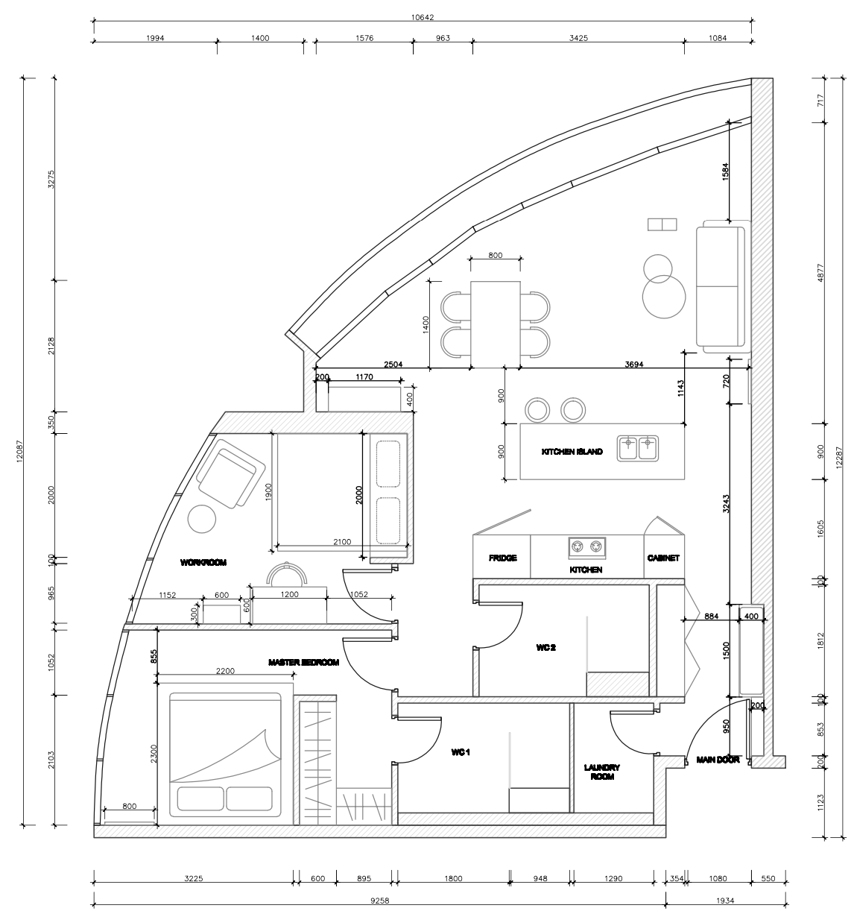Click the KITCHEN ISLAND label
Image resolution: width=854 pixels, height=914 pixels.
572,453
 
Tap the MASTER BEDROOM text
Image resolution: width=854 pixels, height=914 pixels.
304,662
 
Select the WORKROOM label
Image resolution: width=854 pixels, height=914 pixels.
203,563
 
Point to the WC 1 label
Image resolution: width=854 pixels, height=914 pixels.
461,753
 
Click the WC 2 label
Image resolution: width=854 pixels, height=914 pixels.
545,648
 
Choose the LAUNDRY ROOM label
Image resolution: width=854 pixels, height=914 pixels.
602,772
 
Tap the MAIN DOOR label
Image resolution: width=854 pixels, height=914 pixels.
718,760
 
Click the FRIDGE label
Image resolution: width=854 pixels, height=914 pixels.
502,558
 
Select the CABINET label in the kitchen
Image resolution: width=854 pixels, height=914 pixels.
663,558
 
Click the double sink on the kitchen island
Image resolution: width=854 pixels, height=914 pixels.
638,448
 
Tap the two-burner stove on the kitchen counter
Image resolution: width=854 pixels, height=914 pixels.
586,547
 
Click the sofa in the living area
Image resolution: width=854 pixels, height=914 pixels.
721,287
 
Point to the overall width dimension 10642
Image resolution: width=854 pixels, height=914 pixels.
423,17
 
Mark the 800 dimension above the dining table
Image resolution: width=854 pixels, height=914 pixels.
495,255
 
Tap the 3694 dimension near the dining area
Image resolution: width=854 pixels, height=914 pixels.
634,365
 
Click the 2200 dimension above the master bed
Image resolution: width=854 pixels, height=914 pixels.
225,671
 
